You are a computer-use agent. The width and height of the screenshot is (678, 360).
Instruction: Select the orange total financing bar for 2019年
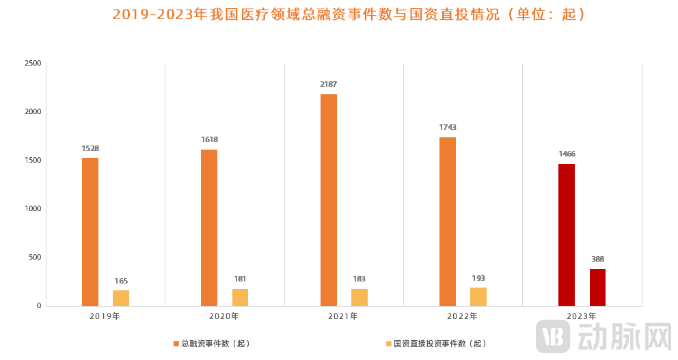pyautogui.click(x=90, y=232)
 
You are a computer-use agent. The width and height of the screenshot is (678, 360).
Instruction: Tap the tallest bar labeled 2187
pyautogui.click(x=329, y=200)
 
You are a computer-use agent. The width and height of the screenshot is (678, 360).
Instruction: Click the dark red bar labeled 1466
pyautogui.click(x=567, y=235)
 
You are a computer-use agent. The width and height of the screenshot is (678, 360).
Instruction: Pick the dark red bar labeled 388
pyautogui.click(x=597, y=288)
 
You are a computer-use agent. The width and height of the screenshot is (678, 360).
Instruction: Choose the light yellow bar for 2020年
pyautogui.click(x=240, y=297)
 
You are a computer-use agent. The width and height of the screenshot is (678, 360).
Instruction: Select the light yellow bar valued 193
pyautogui.click(x=478, y=296)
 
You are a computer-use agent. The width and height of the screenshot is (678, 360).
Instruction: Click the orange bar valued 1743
pyautogui.click(x=448, y=221)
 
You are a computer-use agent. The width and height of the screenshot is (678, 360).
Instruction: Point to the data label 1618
pyautogui.click(x=209, y=140)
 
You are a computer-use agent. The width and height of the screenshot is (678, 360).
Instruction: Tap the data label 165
pyautogui.click(x=121, y=281)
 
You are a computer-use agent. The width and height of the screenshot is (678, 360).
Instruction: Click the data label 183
pyautogui.click(x=360, y=279)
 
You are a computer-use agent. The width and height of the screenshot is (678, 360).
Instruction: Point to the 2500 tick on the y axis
pyautogui.click(x=33, y=64)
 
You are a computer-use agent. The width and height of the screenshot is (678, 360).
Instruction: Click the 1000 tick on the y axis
pyautogui.click(x=33, y=209)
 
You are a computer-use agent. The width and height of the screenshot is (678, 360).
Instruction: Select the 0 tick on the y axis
pyautogui.click(x=39, y=306)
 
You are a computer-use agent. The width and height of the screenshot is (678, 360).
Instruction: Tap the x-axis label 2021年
pyautogui.click(x=343, y=316)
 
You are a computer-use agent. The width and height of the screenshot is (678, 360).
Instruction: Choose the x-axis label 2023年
pyautogui.click(x=582, y=316)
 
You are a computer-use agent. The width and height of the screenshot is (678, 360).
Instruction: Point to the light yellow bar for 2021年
pyautogui.click(x=360, y=297)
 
